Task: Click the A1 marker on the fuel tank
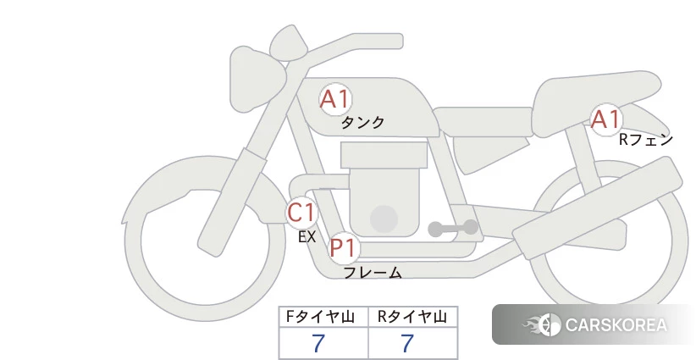click(x=335, y=99)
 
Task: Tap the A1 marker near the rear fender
click(x=606, y=119)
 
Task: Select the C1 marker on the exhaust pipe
click(x=301, y=212)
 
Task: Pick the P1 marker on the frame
click(x=344, y=247)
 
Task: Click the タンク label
click(x=362, y=123)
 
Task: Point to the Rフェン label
click(x=646, y=140)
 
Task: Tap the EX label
click(x=307, y=237)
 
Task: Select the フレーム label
click(x=373, y=272)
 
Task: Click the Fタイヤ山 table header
click(x=320, y=317)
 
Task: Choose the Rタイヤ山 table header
click(x=412, y=317)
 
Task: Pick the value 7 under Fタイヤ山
click(x=318, y=344)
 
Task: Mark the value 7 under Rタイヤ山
click(x=407, y=344)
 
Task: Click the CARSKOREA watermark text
click(x=616, y=325)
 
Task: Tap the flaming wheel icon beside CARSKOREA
click(x=543, y=324)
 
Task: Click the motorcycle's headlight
click(x=256, y=79)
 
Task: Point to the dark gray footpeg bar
click(x=453, y=229)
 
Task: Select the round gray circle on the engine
click(x=384, y=219)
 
